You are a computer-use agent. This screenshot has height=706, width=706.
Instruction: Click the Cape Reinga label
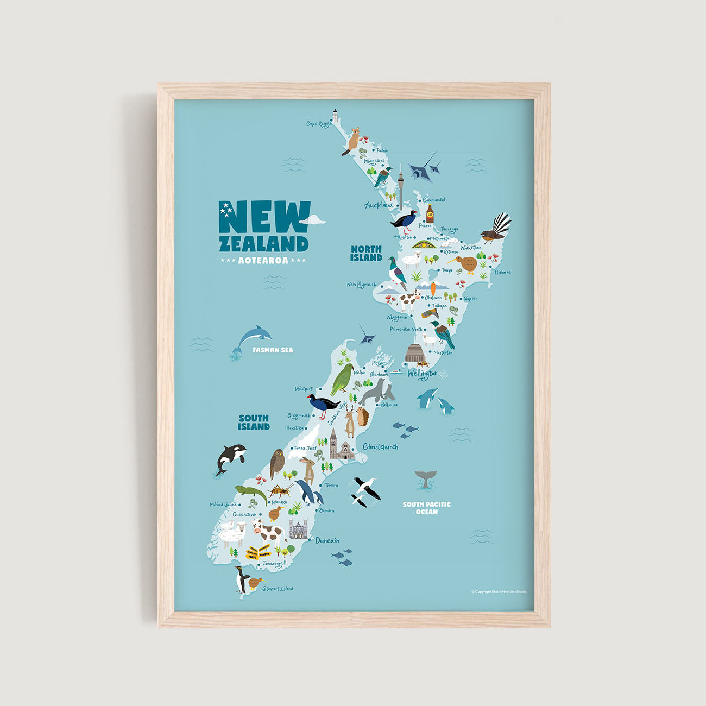pos(319,124)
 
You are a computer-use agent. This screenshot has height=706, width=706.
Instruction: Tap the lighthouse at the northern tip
pos(335,115)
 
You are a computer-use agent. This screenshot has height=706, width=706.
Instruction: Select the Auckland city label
pos(379,205)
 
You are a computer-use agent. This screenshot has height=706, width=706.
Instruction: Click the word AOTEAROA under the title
pos(263,261)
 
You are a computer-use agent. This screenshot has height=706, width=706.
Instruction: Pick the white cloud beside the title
pos(312,219)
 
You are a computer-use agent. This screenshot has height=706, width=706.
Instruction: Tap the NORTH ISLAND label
pos(366,253)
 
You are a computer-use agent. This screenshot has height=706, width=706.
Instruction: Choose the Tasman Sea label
pos(273,350)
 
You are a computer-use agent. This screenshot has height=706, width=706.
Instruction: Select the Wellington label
pos(423,374)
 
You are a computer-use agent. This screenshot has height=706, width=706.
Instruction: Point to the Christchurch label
pos(380,447)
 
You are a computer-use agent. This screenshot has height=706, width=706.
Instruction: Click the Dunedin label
pos(327,540)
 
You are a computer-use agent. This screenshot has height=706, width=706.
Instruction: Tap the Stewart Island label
pos(278,589)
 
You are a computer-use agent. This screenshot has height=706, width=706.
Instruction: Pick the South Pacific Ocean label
pos(426,508)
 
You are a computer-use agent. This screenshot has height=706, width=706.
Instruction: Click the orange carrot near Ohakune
pos(433,288)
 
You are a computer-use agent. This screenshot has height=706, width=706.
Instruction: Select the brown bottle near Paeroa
pos(430,214)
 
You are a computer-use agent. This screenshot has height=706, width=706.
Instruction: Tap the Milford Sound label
pos(223,505)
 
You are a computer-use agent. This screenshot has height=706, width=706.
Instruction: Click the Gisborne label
pos(502,272)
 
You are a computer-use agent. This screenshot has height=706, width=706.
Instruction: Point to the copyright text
pos(499,591)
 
